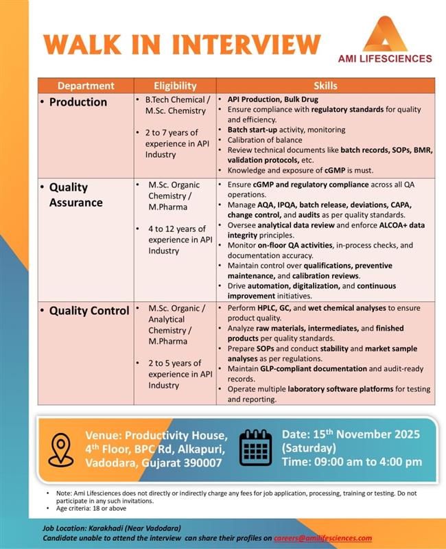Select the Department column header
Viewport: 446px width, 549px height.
pos(86,86)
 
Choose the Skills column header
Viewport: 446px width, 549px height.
pos(325,86)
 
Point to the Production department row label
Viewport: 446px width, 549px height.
pos(78,102)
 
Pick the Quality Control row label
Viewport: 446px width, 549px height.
pos(89,310)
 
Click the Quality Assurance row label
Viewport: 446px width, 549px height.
pos(75,194)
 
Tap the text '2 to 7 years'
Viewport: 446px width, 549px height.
pos(172,132)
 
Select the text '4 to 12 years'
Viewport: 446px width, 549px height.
pos(176,229)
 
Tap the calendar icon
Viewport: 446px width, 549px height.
pos(256,449)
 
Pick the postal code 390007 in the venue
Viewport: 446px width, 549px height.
pos(199,463)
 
